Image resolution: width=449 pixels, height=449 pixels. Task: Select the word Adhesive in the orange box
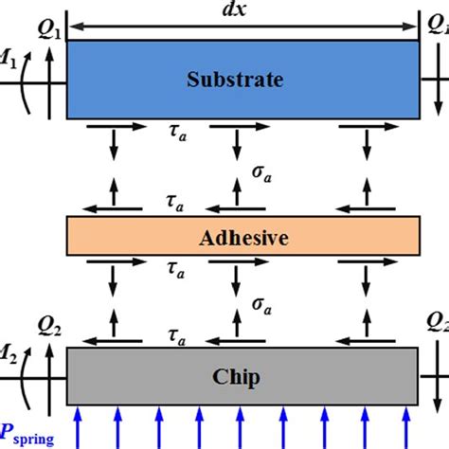click(244, 238)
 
